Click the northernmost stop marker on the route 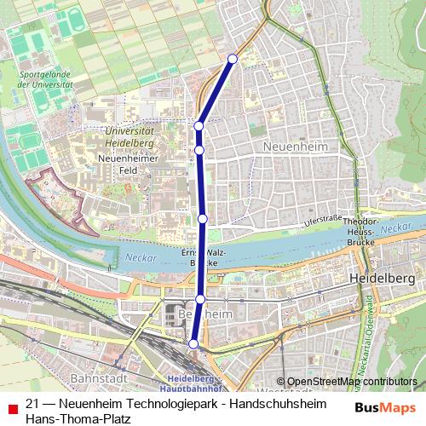[x=233, y=59]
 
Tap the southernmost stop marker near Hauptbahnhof [x=193, y=343]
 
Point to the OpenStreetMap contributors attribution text [x=350, y=382]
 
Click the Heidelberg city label [x=382, y=279]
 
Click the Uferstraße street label [x=323, y=221]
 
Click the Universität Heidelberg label [x=134, y=137]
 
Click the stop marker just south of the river [x=200, y=299]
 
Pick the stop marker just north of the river [x=203, y=219]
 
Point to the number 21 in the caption [x=33, y=403]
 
